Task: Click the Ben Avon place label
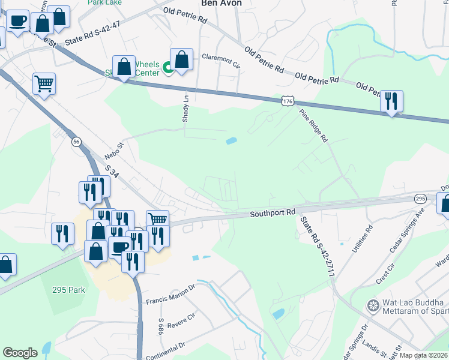pos(221,4)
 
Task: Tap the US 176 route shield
pos(287,101)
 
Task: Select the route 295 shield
pos(420,199)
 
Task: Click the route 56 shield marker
pos(76,142)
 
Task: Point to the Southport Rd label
pos(273,213)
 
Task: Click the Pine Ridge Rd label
pos(315,127)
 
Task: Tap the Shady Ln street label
pos(186,109)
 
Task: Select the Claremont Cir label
pos(220,59)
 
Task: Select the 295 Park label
pos(68,290)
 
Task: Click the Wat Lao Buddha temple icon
pos(373,306)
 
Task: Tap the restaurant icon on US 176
pos(391,102)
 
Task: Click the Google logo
pos(20,353)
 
